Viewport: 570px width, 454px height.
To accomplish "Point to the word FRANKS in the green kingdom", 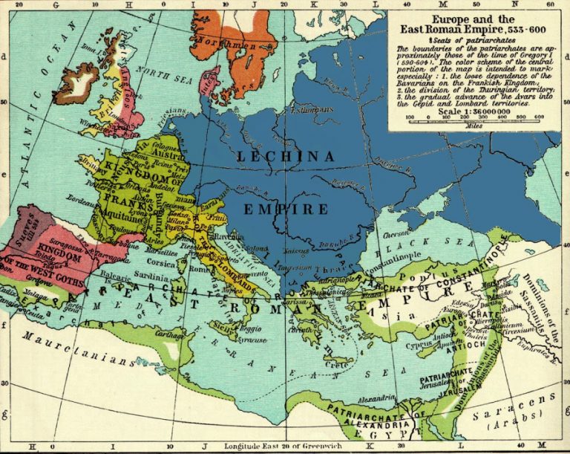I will point(131,187).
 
